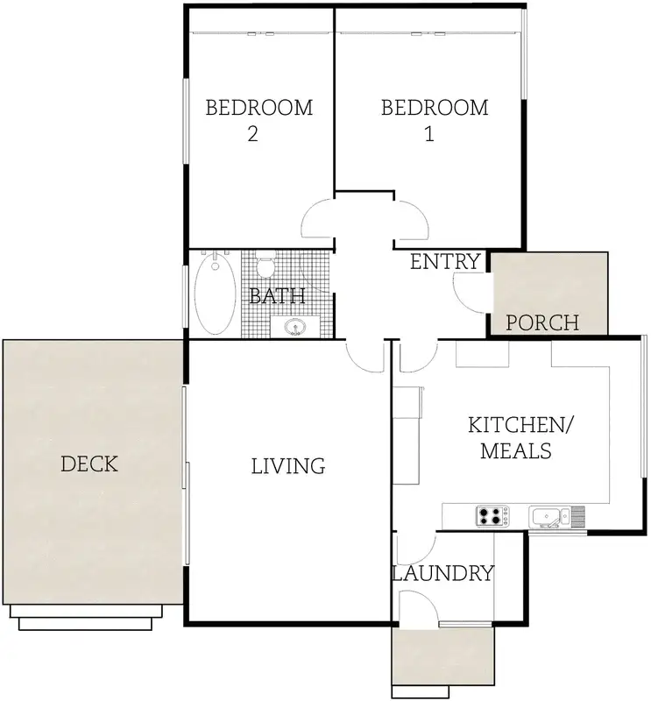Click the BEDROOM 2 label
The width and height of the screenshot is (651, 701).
click(x=258, y=121)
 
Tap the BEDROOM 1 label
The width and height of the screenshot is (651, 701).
click(x=435, y=121)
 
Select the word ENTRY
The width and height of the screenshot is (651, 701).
click(x=446, y=261)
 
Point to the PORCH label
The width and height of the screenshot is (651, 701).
click(x=543, y=322)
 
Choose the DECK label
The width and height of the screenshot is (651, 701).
click(x=89, y=464)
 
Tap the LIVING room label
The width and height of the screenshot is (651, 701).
click(x=288, y=466)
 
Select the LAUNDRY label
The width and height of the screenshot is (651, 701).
click(x=442, y=574)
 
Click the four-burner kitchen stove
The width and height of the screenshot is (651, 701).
click(x=491, y=516)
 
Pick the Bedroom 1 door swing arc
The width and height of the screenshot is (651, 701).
click(x=410, y=221)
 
